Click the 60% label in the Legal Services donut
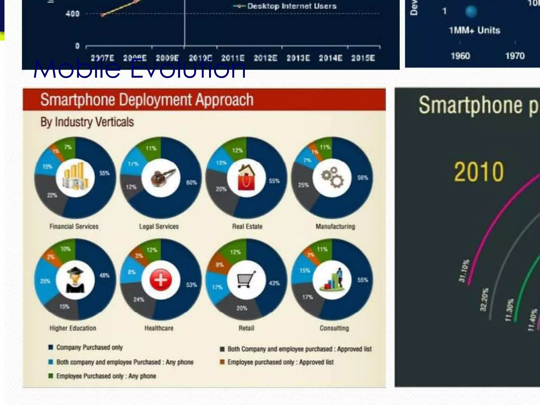pyautogui.click(x=191, y=182)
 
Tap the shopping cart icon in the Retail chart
pyautogui.click(x=246, y=279)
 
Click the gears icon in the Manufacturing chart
pyautogui.click(x=332, y=177)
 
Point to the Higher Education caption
pyautogui.click(x=73, y=328)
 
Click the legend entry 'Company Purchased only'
pyautogui.click(x=89, y=348)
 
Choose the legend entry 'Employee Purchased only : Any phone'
pyautogui.click(x=106, y=376)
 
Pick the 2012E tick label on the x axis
pyautogui.click(x=265, y=58)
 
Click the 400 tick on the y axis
pyautogui.click(x=72, y=14)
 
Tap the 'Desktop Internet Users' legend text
pyautogui.click(x=292, y=6)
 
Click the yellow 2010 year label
pyautogui.click(x=479, y=172)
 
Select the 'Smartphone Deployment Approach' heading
pyautogui.click(x=147, y=100)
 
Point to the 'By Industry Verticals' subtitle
pyautogui.click(x=87, y=122)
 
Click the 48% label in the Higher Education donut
pyautogui.click(x=104, y=276)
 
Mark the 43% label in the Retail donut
pyautogui.click(x=274, y=283)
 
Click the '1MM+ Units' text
pyautogui.click(x=474, y=30)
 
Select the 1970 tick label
pyautogui.click(x=515, y=56)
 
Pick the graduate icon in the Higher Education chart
pyautogui.click(x=75, y=280)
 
